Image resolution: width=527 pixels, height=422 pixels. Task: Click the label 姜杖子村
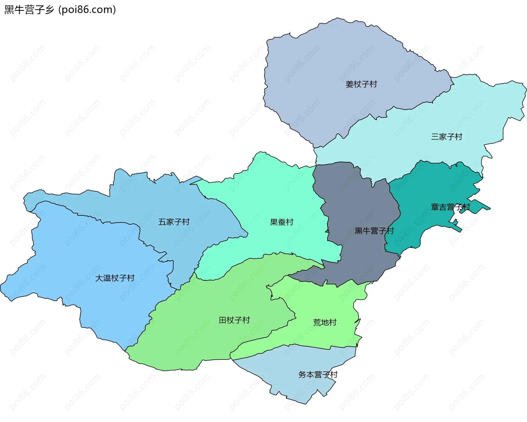361,84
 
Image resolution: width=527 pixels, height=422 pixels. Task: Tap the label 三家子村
447,137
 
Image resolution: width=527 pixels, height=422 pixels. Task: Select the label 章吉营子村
450,207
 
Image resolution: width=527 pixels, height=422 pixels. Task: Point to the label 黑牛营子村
374,231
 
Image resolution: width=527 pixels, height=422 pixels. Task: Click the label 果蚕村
282,222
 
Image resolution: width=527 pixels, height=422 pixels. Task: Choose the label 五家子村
174,222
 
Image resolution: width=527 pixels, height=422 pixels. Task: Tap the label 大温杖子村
115,278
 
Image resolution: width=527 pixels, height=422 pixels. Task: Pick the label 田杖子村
234,320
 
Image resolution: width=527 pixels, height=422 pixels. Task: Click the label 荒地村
325,322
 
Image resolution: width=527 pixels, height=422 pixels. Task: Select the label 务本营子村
318,375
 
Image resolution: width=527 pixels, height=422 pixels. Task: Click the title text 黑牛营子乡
29,10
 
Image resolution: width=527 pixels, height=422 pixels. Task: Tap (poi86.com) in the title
87,10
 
